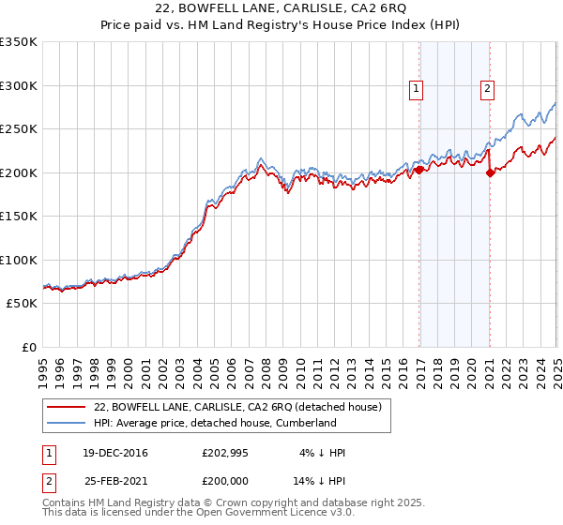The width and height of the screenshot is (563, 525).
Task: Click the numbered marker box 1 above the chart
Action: [x=416, y=90]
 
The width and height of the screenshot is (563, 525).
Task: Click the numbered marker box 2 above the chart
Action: [x=488, y=90]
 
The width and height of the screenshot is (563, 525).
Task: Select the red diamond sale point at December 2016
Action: [x=419, y=170]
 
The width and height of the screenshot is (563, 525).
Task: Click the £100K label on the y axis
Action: [x=18, y=260]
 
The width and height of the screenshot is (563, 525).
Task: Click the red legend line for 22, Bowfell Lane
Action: [x=67, y=407]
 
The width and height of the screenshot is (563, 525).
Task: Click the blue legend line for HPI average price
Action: [x=67, y=423]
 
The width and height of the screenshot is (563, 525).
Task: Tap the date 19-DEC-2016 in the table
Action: [x=115, y=454]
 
